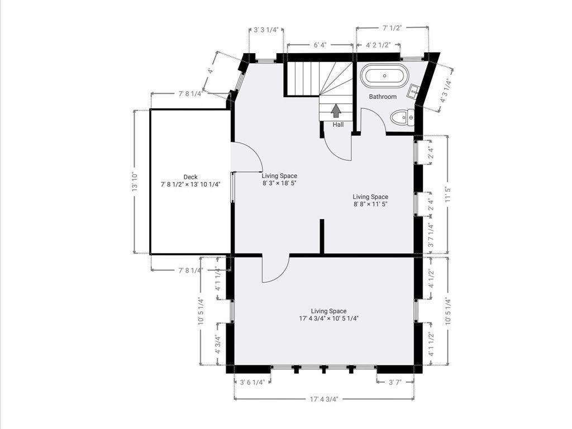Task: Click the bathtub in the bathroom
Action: point(384,76)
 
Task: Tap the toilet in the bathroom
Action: point(403,117)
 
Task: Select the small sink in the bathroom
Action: point(414,91)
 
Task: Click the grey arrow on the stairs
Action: point(336,111)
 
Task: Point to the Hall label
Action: point(338,125)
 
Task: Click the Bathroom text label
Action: point(383,97)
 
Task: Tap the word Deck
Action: point(190,177)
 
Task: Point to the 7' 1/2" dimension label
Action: point(392,28)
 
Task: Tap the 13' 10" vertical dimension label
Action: point(135,182)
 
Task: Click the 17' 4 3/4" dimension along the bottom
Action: point(325,399)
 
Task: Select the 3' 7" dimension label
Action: point(395,382)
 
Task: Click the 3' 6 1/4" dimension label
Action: point(252,382)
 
